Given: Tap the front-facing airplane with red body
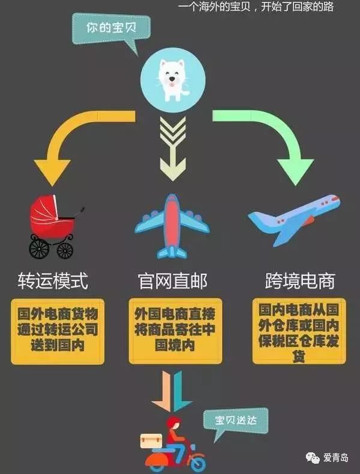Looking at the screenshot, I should pyautogui.click(x=172, y=226).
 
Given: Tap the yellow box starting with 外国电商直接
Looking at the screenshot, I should pyautogui.click(x=175, y=330).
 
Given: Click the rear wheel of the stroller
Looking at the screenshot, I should pyautogui.click(x=39, y=248).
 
